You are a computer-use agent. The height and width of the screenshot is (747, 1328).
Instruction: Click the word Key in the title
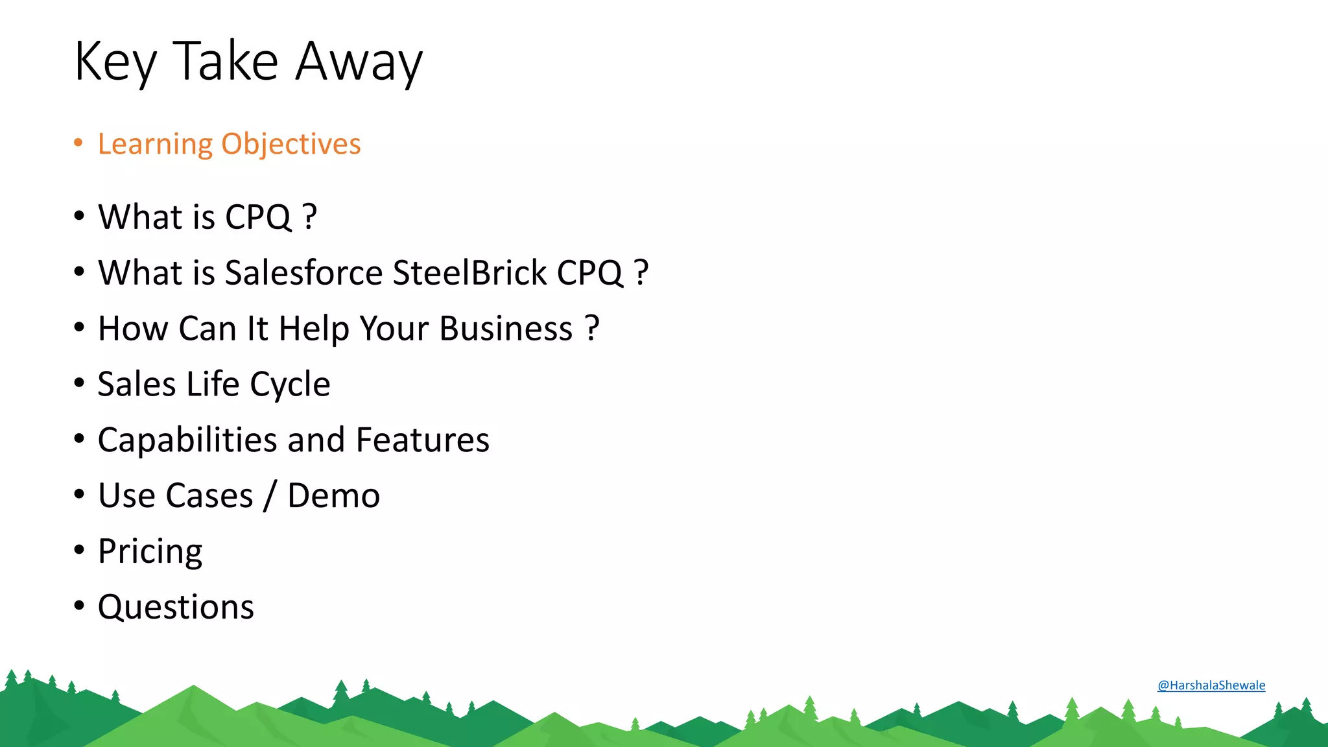115,62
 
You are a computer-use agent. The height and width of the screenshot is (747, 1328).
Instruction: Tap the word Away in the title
359,62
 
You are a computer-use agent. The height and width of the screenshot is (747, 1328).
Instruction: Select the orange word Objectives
290,144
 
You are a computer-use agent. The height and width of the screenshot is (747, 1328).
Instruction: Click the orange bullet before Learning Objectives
78,143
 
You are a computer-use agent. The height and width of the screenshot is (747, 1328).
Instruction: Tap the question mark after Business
591,328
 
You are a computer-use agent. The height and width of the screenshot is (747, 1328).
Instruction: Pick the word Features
423,440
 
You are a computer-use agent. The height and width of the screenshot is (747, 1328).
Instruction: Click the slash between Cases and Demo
270,497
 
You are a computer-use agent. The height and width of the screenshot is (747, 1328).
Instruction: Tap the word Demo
333,496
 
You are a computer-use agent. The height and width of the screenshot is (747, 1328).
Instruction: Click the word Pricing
150,552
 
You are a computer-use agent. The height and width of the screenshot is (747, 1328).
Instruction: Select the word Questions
176,608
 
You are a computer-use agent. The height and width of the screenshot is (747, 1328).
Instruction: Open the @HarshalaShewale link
1211,685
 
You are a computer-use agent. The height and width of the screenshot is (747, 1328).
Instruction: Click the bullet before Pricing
79,551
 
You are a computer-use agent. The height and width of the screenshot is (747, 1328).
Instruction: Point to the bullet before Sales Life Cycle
79,383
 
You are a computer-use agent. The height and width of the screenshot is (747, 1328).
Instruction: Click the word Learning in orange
155,144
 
